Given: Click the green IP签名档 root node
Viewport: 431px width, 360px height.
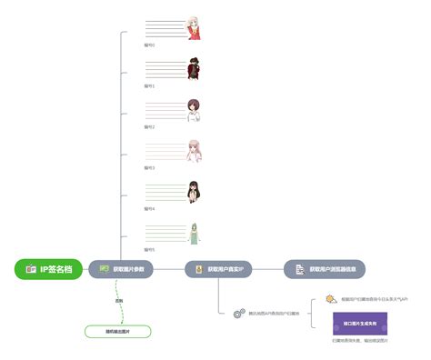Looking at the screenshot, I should pos(49,269).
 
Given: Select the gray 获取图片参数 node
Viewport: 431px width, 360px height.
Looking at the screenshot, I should pos(122,269).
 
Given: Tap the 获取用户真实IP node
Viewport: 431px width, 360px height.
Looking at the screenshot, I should pos(221,269).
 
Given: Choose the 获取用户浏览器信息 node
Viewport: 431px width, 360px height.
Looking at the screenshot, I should pos(325,269).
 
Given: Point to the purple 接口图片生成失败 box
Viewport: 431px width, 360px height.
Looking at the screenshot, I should pos(360,323).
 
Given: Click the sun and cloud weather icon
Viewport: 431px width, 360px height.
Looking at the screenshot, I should pos(331,299).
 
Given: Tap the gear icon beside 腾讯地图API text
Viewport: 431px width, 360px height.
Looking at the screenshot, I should pos(239,314).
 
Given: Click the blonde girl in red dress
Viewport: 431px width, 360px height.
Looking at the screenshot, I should pos(193,27).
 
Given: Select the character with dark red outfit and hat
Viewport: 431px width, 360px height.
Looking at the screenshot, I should pos(193,69).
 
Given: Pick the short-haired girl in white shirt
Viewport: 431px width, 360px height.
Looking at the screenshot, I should pos(193,110).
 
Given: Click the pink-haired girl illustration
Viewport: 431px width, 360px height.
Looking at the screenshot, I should pos(193,151).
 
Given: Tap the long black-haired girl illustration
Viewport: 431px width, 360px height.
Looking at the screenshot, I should pos(193,192).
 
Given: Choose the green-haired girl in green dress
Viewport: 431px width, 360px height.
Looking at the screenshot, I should pos(193,233).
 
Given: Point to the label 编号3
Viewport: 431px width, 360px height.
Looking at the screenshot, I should pos(150,167).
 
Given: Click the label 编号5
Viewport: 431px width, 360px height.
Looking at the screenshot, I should pos(150,249).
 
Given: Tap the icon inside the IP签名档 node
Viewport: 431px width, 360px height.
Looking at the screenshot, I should pos(31,269).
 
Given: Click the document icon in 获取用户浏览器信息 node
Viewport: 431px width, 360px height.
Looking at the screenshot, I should pos(299,269).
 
